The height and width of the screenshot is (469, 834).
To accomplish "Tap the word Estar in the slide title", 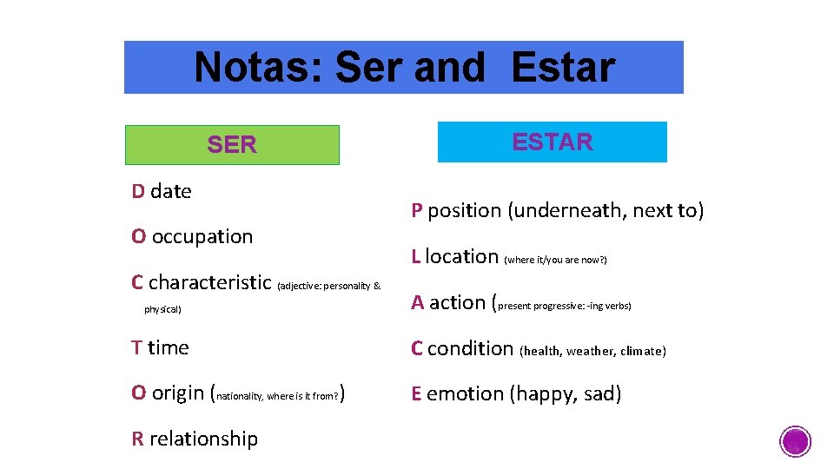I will pyautogui.click(x=563, y=67).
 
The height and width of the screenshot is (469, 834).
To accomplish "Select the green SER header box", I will pyautogui.click(x=232, y=145).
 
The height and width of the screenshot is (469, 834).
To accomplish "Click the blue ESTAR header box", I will pyautogui.click(x=552, y=142).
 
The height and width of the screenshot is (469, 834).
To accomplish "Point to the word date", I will pyautogui.click(x=170, y=191).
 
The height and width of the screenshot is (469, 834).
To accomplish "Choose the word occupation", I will pyautogui.click(x=202, y=237).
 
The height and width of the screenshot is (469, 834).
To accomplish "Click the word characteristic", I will pyautogui.click(x=209, y=283).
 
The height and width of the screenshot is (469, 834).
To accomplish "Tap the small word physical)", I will pyautogui.click(x=162, y=309).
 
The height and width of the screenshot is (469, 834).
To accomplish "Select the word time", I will pyautogui.click(x=168, y=348).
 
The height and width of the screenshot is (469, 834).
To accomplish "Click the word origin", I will pyautogui.click(x=178, y=393).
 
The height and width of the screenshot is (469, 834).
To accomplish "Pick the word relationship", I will pyautogui.click(x=203, y=439).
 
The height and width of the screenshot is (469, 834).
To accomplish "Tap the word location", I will pyautogui.click(x=461, y=257).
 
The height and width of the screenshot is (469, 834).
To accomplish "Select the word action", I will pyautogui.click(x=457, y=303).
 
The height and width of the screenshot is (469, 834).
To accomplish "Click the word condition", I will pyautogui.click(x=470, y=349).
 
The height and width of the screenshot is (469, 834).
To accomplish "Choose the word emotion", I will pyautogui.click(x=465, y=394).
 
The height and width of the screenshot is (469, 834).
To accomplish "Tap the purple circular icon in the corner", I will pyautogui.click(x=795, y=441).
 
